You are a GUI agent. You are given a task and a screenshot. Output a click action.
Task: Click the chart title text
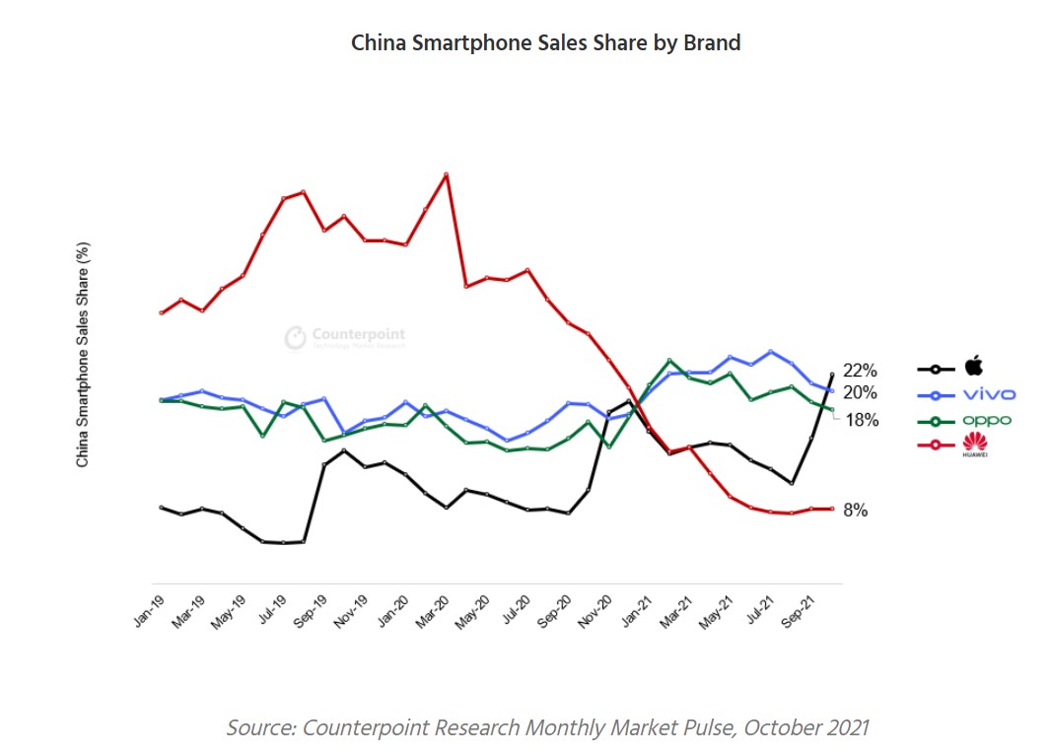coord(545,43)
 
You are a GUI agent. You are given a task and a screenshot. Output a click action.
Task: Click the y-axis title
coord(83,355)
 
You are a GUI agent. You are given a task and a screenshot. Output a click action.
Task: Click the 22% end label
coord(860,371)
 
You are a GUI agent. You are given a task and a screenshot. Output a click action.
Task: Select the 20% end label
coord(860,392)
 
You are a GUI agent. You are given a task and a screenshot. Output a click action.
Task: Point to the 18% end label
coord(862,420)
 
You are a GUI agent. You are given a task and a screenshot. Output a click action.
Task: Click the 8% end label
coord(855,511)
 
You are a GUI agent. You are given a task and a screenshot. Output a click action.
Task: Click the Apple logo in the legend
coord(974,367)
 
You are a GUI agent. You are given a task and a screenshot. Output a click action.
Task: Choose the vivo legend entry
coord(989,394)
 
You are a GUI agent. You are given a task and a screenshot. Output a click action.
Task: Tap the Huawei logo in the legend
coord(975,445)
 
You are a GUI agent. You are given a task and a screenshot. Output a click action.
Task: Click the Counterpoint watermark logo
coord(296,338)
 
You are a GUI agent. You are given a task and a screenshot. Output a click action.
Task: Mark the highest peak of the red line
coord(447,174)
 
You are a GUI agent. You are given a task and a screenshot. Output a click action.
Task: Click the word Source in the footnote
coord(260,727)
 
